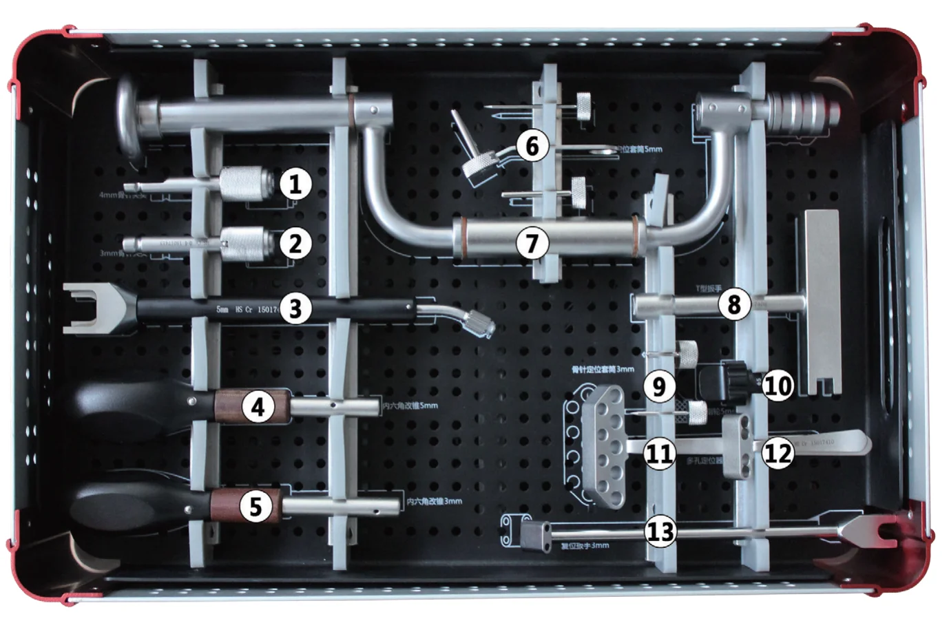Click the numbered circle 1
[x=295, y=185]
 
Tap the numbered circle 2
[x=295, y=244]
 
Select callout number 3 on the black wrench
[x=295, y=308]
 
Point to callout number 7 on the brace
[x=532, y=243]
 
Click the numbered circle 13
[x=660, y=531]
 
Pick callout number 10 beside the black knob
[x=778, y=386]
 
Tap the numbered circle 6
[x=532, y=146]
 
